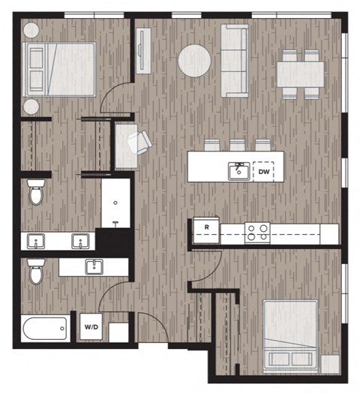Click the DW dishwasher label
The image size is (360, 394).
click(x=263, y=171)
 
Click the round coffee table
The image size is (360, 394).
click(x=194, y=60)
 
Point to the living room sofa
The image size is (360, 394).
click(x=235, y=60)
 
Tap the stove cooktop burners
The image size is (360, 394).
click(x=258, y=232)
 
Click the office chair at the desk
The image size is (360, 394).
click(x=136, y=142)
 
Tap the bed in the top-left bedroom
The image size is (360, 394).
click(x=59, y=68)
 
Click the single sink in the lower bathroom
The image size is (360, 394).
click(x=94, y=266)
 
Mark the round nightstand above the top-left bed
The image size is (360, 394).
click(x=31, y=31)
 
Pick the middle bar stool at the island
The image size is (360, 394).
click(x=238, y=145)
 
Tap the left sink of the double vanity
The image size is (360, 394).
click(x=36, y=242)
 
